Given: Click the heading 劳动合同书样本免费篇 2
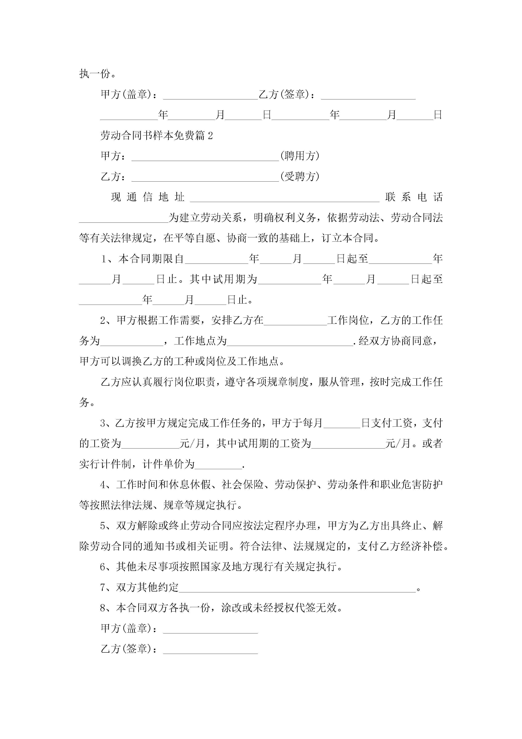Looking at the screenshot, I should click(x=156, y=135).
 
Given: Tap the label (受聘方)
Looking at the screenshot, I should click(x=300, y=176).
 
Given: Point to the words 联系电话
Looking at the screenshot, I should click(x=414, y=197).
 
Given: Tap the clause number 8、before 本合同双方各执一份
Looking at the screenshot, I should click(x=105, y=608).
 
